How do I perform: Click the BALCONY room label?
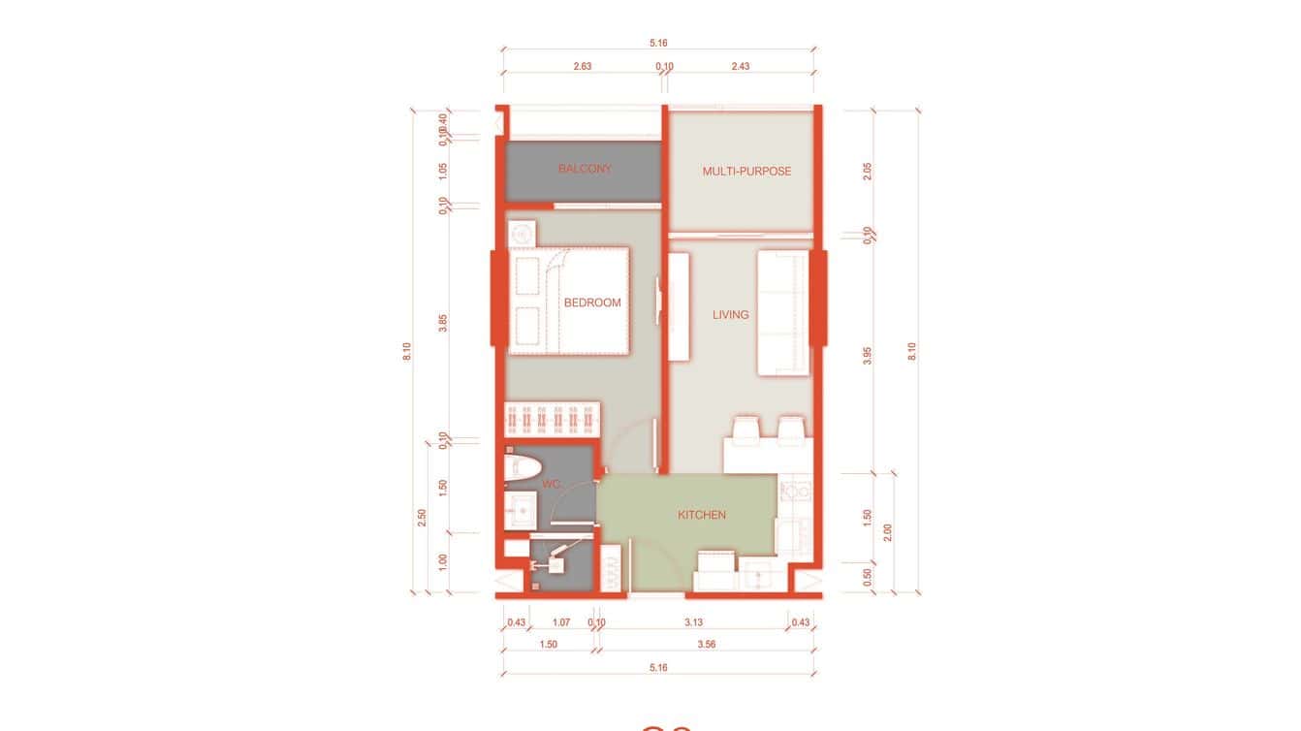pyautogui.click(x=585, y=169)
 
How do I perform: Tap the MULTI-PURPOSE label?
pyautogui.click(x=746, y=172)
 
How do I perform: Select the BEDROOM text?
pyautogui.click(x=592, y=302)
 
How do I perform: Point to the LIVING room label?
pyautogui.click(x=731, y=314)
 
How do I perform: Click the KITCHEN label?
pyautogui.click(x=702, y=515)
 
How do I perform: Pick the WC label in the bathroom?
pyautogui.click(x=552, y=484)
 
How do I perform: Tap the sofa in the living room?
pyautogui.click(x=782, y=313)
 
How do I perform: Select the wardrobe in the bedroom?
pyautogui.click(x=553, y=422)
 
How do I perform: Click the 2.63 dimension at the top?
pyautogui.click(x=583, y=67)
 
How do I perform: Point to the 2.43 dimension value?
pyautogui.click(x=740, y=67)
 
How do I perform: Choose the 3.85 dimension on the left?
pyautogui.click(x=443, y=324)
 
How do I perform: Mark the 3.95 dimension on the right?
pyautogui.click(x=868, y=355)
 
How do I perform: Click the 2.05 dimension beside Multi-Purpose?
pyautogui.click(x=868, y=171)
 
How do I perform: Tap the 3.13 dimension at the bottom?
pyautogui.click(x=693, y=622)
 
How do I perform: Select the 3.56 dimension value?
pyautogui.click(x=706, y=645)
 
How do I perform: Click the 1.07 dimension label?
pyautogui.click(x=560, y=622)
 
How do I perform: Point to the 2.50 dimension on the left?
pyautogui.click(x=422, y=518)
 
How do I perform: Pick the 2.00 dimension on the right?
pyautogui.click(x=888, y=532)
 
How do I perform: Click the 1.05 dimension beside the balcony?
pyautogui.click(x=443, y=170)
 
